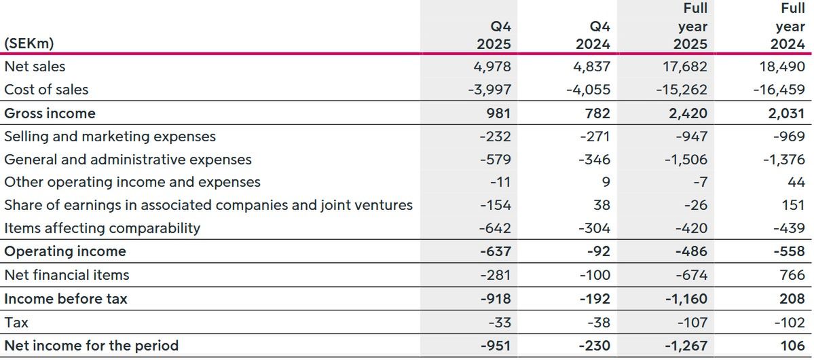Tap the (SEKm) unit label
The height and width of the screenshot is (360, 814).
[29, 43]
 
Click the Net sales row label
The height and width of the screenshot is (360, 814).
[35, 67]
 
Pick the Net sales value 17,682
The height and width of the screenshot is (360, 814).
[685, 67]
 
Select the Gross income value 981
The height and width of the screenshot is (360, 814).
[498, 113]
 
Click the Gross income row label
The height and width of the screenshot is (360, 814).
[50, 113]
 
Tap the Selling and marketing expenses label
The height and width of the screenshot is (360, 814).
[110, 137]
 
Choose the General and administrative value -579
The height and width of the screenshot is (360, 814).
[495, 160]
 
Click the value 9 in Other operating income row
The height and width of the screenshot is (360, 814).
[606, 182]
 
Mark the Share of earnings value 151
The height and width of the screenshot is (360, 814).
[794, 205]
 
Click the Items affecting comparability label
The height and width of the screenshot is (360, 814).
[102, 228]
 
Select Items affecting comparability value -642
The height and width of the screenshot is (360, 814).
[495, 228]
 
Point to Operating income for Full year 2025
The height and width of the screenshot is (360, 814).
[690, 251]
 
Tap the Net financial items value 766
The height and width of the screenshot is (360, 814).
[792, 275]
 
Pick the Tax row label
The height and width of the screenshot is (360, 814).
[16, 323]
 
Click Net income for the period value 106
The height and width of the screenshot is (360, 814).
[793, 346]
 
